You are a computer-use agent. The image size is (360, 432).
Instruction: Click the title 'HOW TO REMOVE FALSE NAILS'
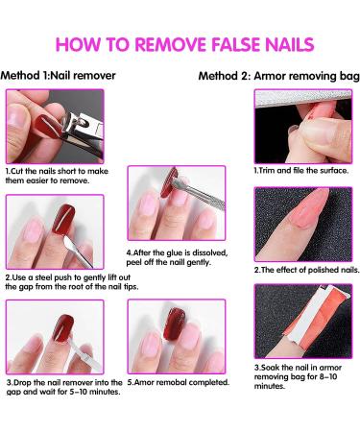[180, 44]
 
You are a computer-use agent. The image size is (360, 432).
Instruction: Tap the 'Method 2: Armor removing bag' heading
[278, 75]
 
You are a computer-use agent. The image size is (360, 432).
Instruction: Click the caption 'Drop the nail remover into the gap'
[63, 387]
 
